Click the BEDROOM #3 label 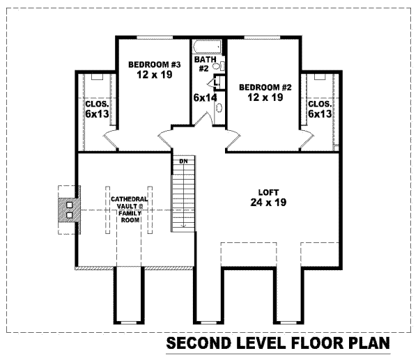tap(155, 65)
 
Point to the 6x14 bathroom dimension tap(204, 98)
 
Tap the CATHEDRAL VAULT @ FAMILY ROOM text tap(126, 209)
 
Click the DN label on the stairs tap(184, 162)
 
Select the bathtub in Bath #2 tap(208, 48)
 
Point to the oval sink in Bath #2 tap(220, 109)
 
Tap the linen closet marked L tap(217, 83)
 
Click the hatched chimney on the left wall tap(68, 210)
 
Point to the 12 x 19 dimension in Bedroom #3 tap(155, 75)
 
